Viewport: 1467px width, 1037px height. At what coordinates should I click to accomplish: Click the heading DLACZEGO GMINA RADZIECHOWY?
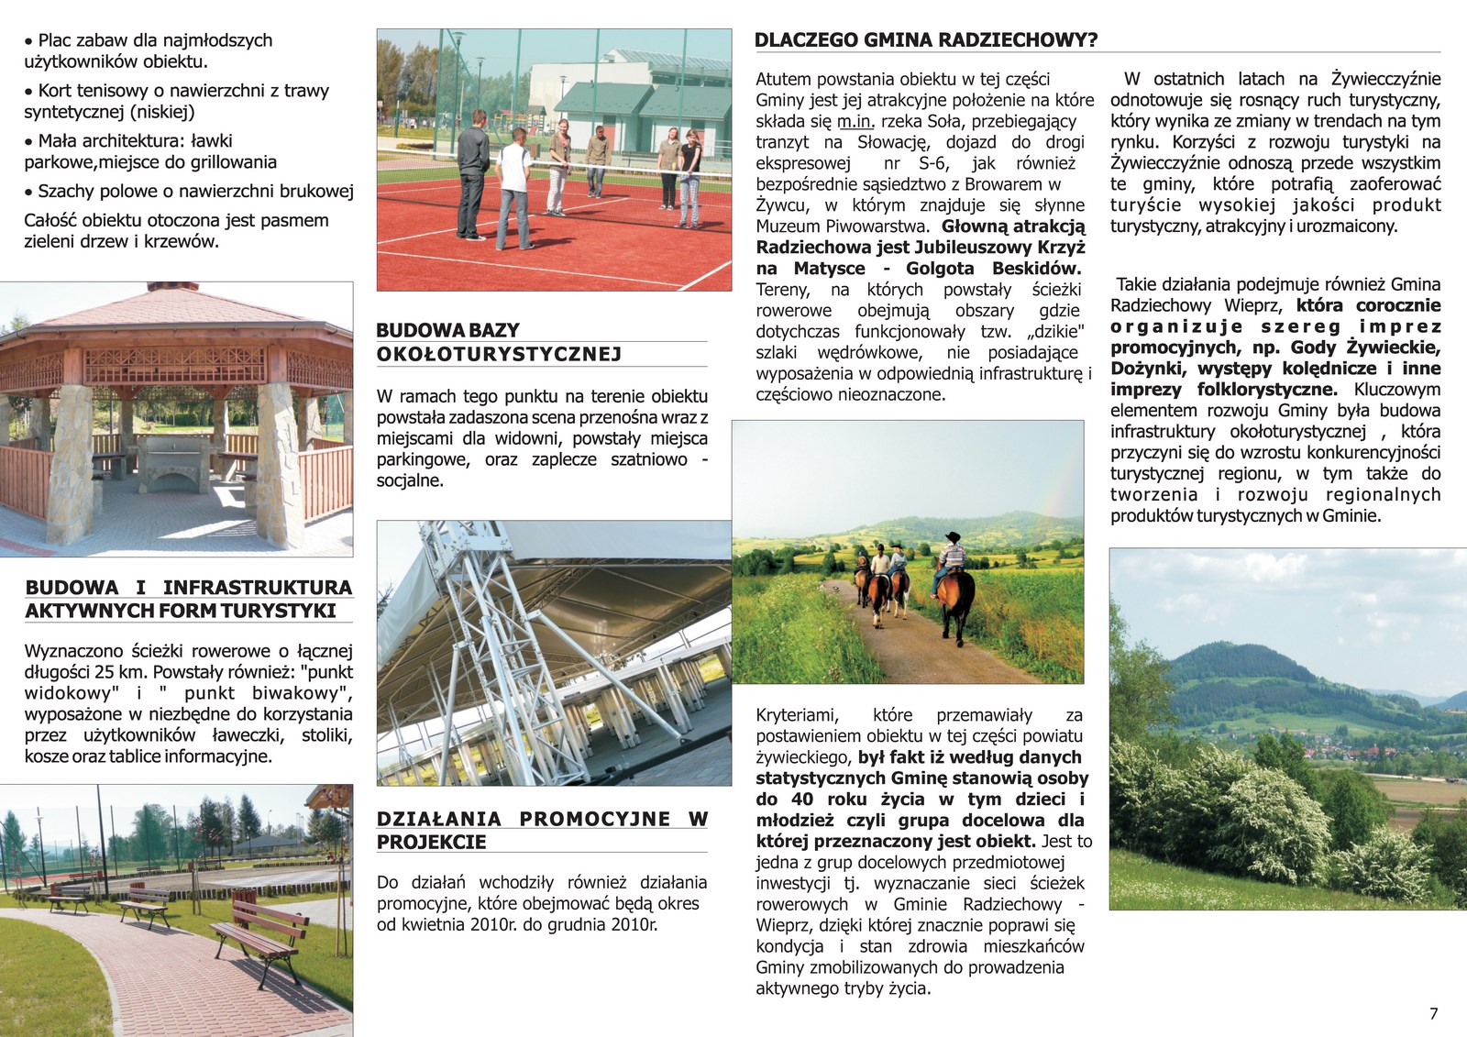click(x=925, y=40)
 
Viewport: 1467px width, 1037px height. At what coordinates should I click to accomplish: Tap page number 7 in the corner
click(x=1434, y=1013)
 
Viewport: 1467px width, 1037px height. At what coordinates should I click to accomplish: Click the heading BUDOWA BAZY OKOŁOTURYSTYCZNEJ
click(x=499, y=342)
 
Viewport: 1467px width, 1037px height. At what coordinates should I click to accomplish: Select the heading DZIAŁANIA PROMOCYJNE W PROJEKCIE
click(x=542, y=830)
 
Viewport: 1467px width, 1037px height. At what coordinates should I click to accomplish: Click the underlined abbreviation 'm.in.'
click(x=855, y=121)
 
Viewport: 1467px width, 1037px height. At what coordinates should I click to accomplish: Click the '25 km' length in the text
click(x=120, y=672)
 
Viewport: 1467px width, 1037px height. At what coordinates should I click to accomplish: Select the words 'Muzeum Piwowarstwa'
click(x=841, y=226)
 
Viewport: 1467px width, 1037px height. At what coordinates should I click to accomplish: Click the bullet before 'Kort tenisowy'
click(x=29, y=92)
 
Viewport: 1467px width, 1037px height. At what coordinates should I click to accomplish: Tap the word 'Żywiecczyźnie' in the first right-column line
click(x=1385, y=79)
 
